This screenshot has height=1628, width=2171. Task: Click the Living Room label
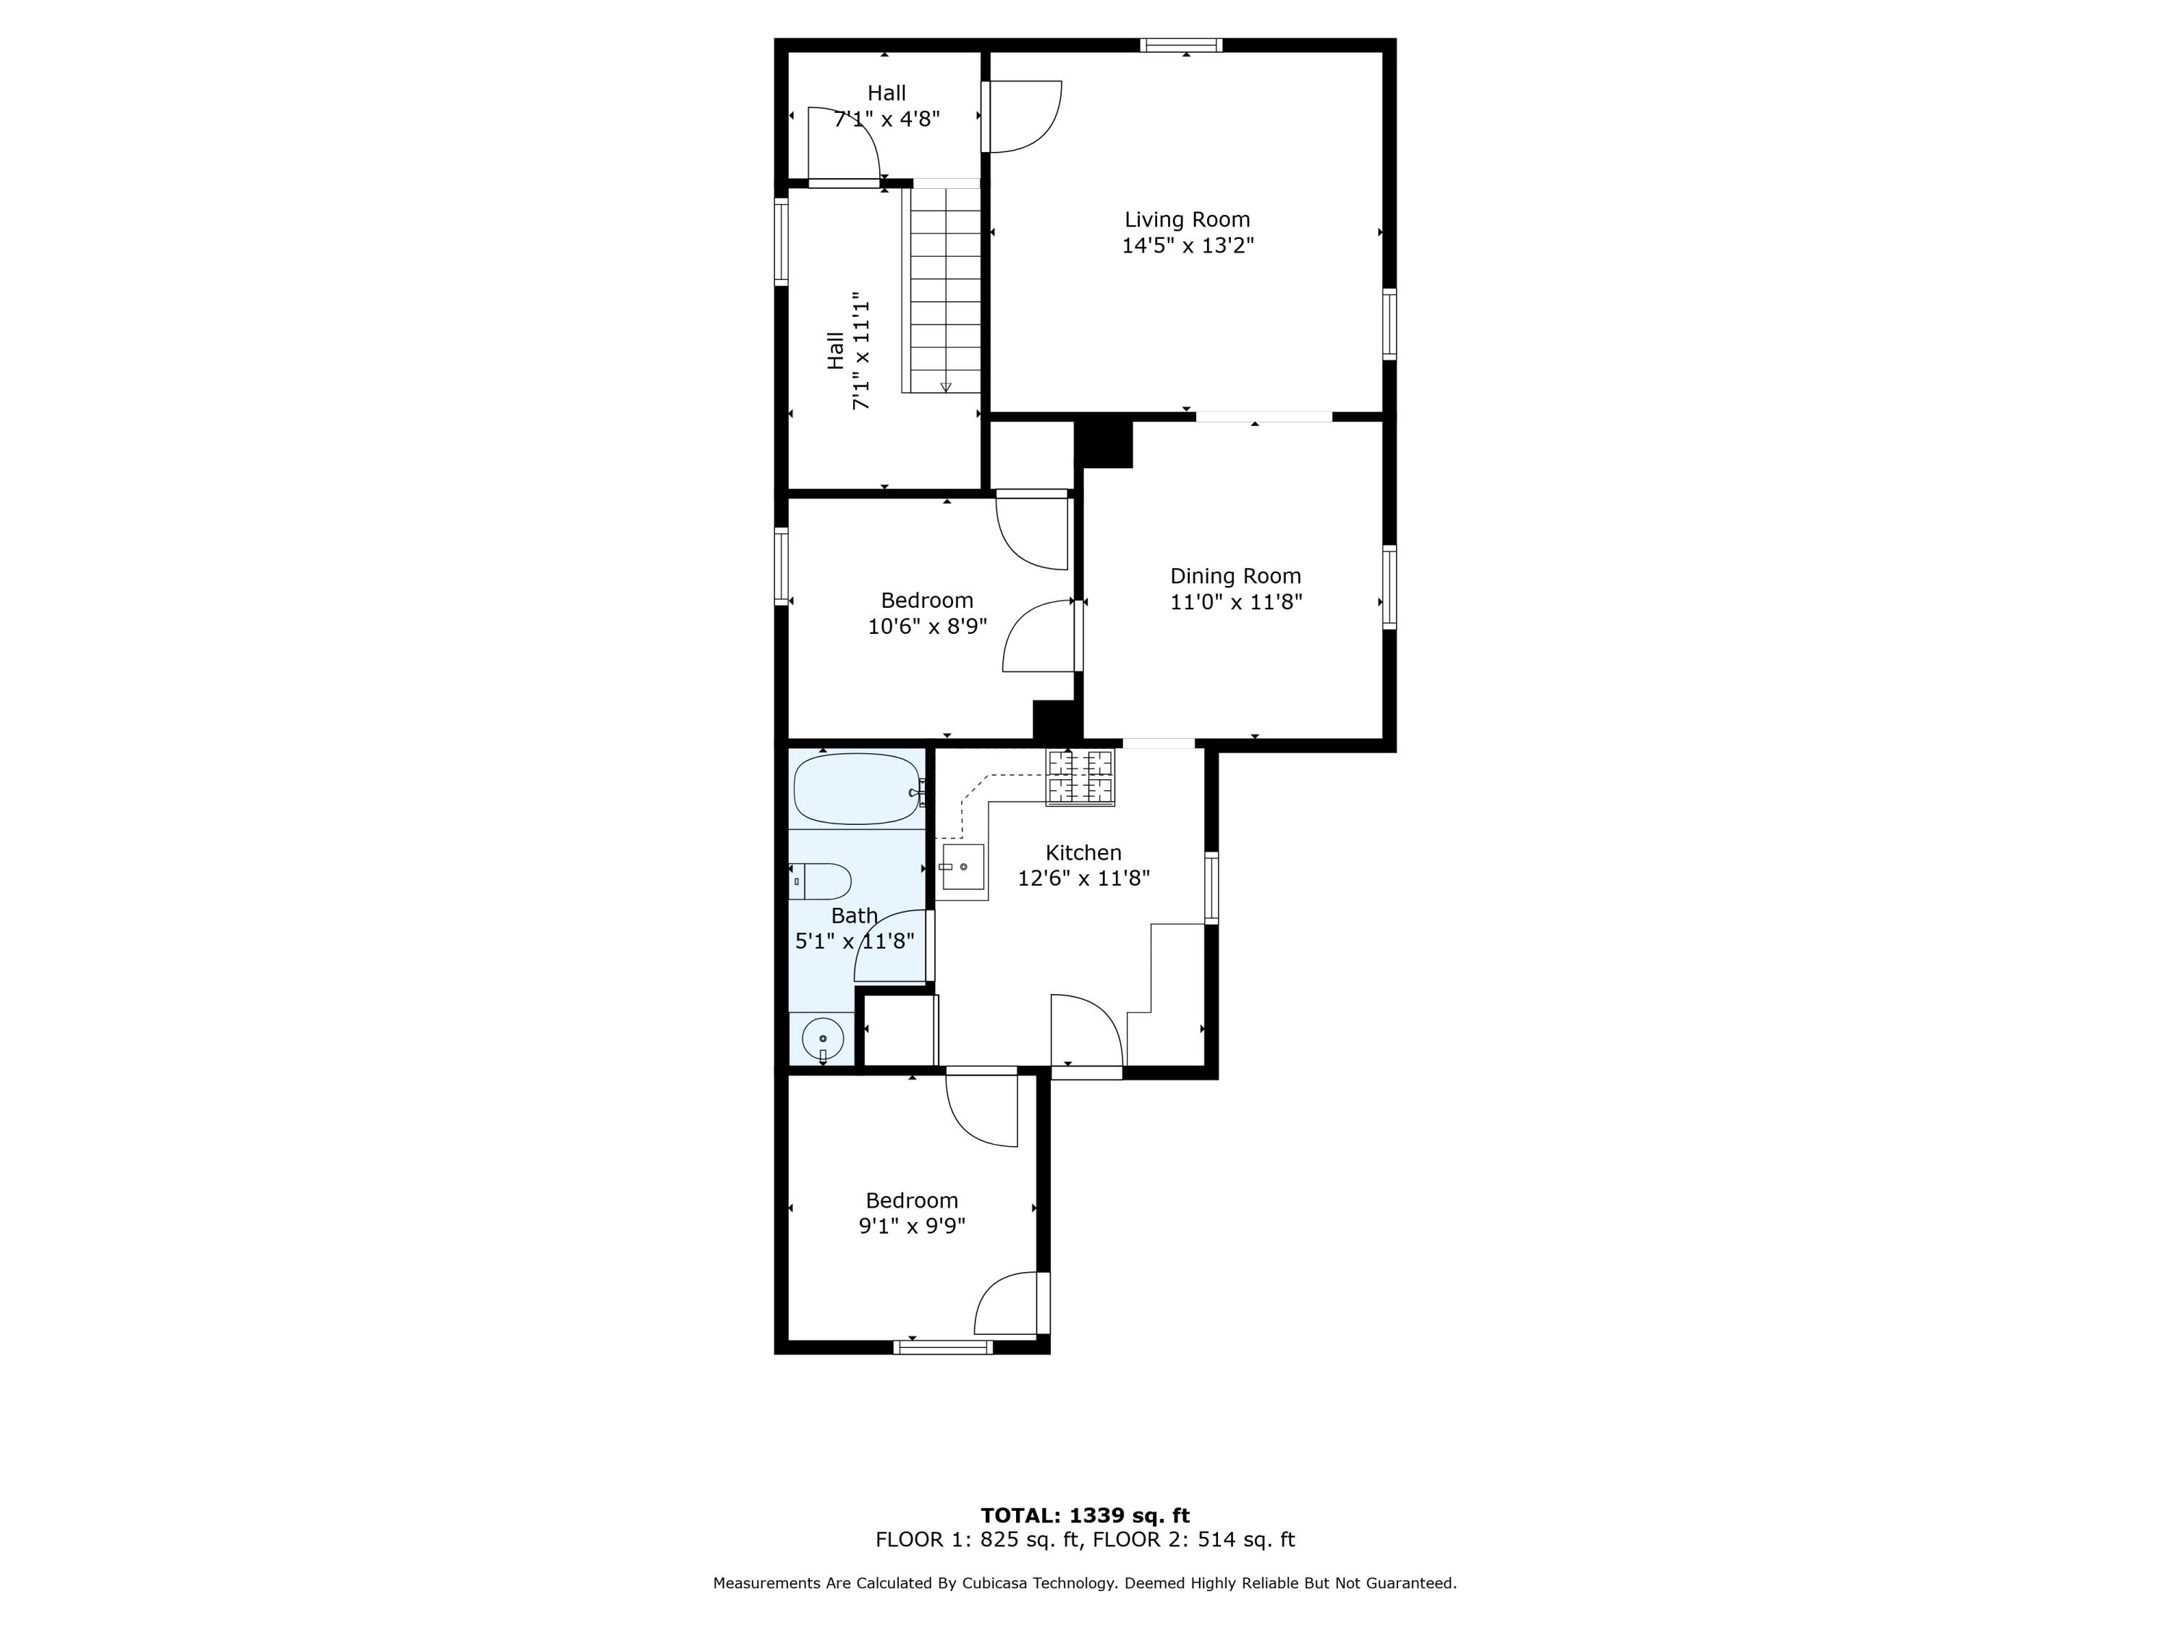pyautogui.click(x=1187, y=220)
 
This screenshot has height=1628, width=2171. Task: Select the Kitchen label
pyautogui.click(x=1083, y=853)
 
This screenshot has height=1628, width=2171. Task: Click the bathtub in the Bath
pyautogui.click(x=856, y=789)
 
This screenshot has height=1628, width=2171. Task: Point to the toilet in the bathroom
pyautogui.click(x=821, y=881)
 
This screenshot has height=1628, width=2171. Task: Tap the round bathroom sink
pyautogui.click(x=823, y=1038)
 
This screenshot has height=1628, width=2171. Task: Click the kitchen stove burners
pyautogui.click(x=1080, y=776)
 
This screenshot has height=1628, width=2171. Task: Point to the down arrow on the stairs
pyautogui.click(x=946, y=386)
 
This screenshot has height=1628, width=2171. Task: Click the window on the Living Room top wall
pyautogui.click(x=1181, y=44)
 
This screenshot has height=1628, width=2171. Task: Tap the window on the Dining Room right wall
pyautogui.click(x=1389, y=586)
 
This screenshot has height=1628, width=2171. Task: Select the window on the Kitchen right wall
pyautogui.click(x=1211, y=888)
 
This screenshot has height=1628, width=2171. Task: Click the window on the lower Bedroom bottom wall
pyautogui.click(x=942, y=1347)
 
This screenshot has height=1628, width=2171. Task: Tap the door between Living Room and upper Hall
pyautogui.click(x=1020, y=116)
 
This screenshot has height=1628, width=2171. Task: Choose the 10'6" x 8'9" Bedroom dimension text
pyautogui.click(x=926, y=626)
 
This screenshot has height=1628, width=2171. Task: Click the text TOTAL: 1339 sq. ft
pyautogui.click(x=1085, y=1515)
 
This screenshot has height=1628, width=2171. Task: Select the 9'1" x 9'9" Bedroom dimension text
pyautogui.click(x=912, y=1226)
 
